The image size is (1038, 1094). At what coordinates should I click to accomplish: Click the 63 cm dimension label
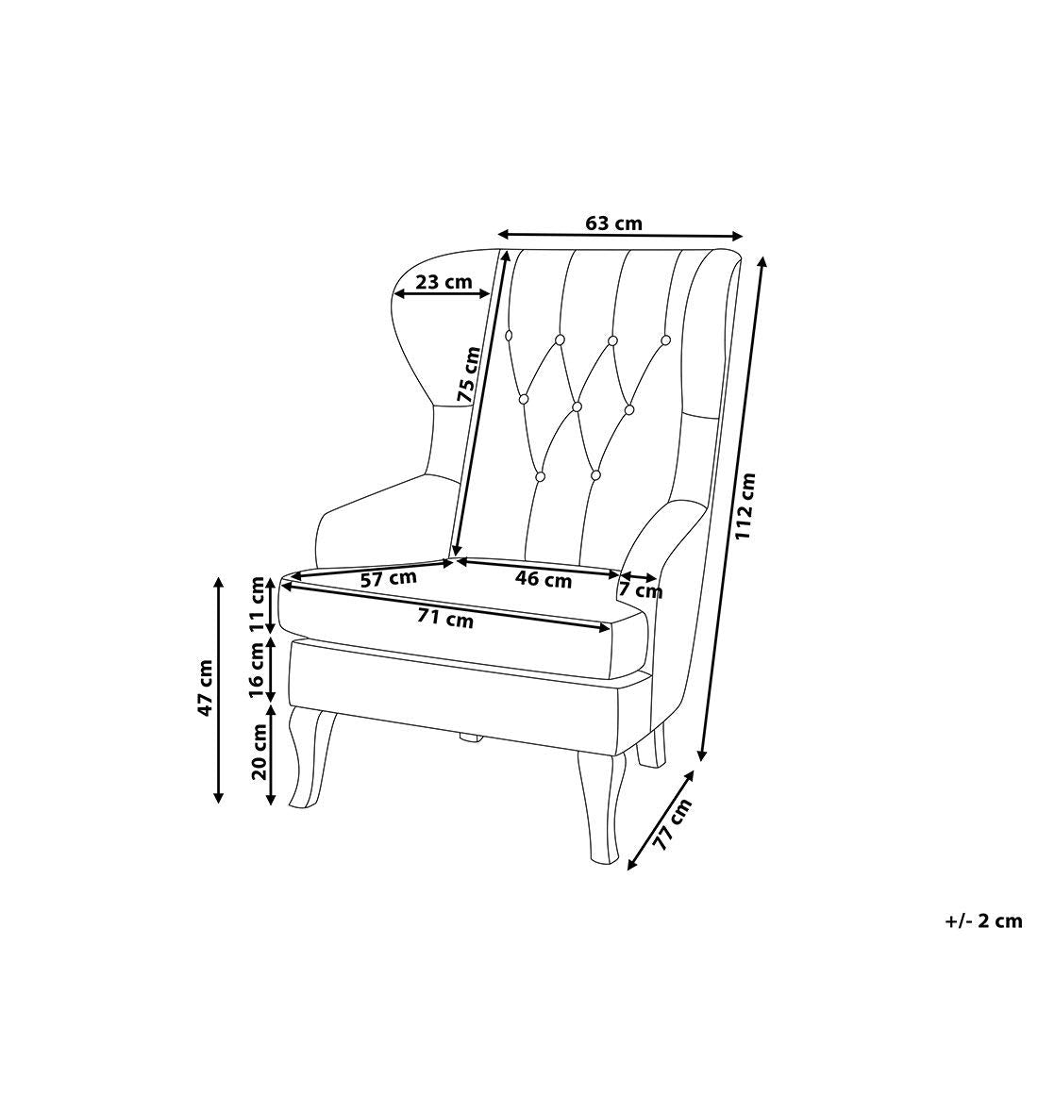click(x=612, y=224)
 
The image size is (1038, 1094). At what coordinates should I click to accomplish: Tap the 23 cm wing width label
click(x=444, y=283)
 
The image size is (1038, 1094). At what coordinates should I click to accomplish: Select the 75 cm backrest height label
click(x=468, y=374)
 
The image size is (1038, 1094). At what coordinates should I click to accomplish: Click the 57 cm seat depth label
click(x=388, y=578)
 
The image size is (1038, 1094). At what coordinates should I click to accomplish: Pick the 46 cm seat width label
click(x=544, y=579)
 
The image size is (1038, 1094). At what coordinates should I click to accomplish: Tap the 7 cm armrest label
click(x=641, y=591)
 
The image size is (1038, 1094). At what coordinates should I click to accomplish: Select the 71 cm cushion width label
click(x=444, y=619)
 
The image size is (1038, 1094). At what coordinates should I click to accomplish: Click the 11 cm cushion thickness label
click(x=260, y=605)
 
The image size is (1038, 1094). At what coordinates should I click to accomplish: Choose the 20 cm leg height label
click(x=259, y=752)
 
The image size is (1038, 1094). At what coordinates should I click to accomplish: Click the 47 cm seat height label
click(x=205, y=688)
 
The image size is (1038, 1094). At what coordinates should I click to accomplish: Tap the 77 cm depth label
click(x=673, y=825)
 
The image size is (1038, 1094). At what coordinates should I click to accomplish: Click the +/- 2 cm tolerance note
click(x=983, y=921)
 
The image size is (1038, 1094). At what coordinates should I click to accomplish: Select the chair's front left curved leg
click(x=310, y=757)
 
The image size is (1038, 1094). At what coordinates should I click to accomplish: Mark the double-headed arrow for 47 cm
click(x=219, y=690)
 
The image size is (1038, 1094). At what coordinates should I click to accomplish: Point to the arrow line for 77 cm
click(x=661, y=820)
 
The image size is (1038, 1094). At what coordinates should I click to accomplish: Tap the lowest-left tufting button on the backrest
click(x=541, y=476)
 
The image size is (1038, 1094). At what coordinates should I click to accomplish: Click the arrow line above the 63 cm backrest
click(x=620, y=235)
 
